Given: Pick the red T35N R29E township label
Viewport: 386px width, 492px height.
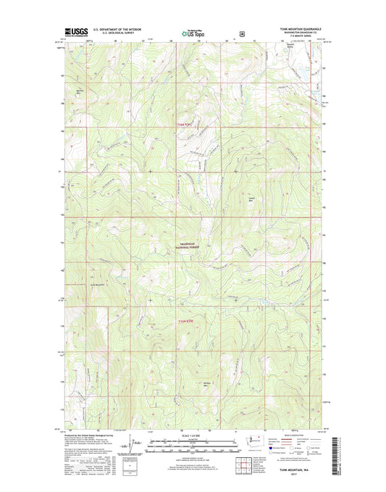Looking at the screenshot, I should pos(187,321).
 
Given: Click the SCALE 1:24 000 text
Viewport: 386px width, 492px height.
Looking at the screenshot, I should pos(193,433).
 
